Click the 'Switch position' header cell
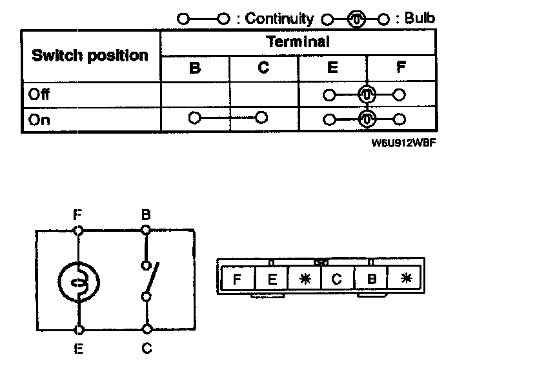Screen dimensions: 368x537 (90, 56)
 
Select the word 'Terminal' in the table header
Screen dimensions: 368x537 (298, 43)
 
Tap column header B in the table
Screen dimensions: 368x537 (195, 68)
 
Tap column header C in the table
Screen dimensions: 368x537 (263, 68)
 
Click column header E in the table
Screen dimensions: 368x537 (332, 68)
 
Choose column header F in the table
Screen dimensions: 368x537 (401, 68)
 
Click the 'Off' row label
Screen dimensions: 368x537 (39, 94)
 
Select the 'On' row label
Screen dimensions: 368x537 (39, 119)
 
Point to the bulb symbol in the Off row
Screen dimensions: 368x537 (367, 95)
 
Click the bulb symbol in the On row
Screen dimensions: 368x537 (367, 119)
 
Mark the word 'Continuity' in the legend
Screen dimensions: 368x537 (279, 19)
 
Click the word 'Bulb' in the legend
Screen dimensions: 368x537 (420, 18)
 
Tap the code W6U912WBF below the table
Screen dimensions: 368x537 (396, 144)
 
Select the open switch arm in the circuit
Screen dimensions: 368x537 (150, 280)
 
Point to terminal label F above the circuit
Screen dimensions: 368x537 (78, 214)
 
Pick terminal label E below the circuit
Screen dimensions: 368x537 (78, 349)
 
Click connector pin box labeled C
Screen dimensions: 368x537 (336, 280)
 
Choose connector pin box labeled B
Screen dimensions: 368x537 (371, 280)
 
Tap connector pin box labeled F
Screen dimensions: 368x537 (237, 280)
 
